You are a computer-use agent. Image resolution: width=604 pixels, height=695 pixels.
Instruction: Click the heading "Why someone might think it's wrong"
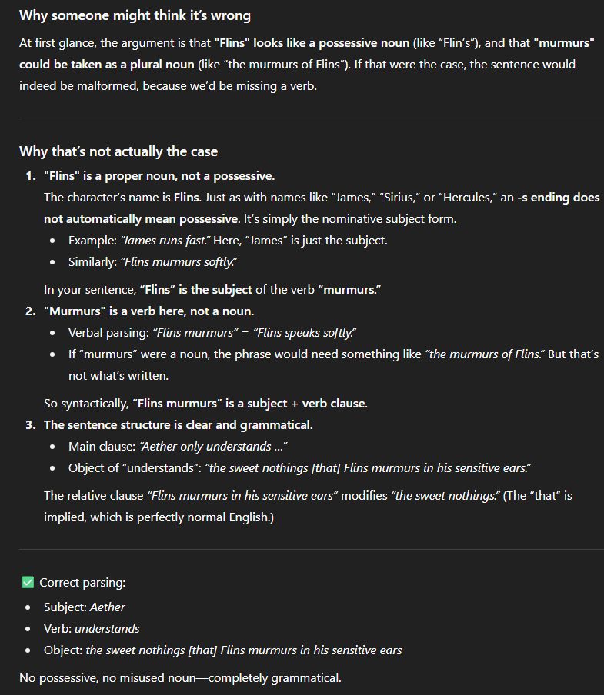pos(135,15)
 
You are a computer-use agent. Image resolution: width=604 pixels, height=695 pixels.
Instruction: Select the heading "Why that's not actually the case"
pos(118,151)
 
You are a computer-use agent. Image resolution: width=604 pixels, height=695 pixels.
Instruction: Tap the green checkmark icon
pos(28,583)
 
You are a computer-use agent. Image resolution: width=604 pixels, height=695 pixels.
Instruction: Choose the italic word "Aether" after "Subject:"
pos(107,607)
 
